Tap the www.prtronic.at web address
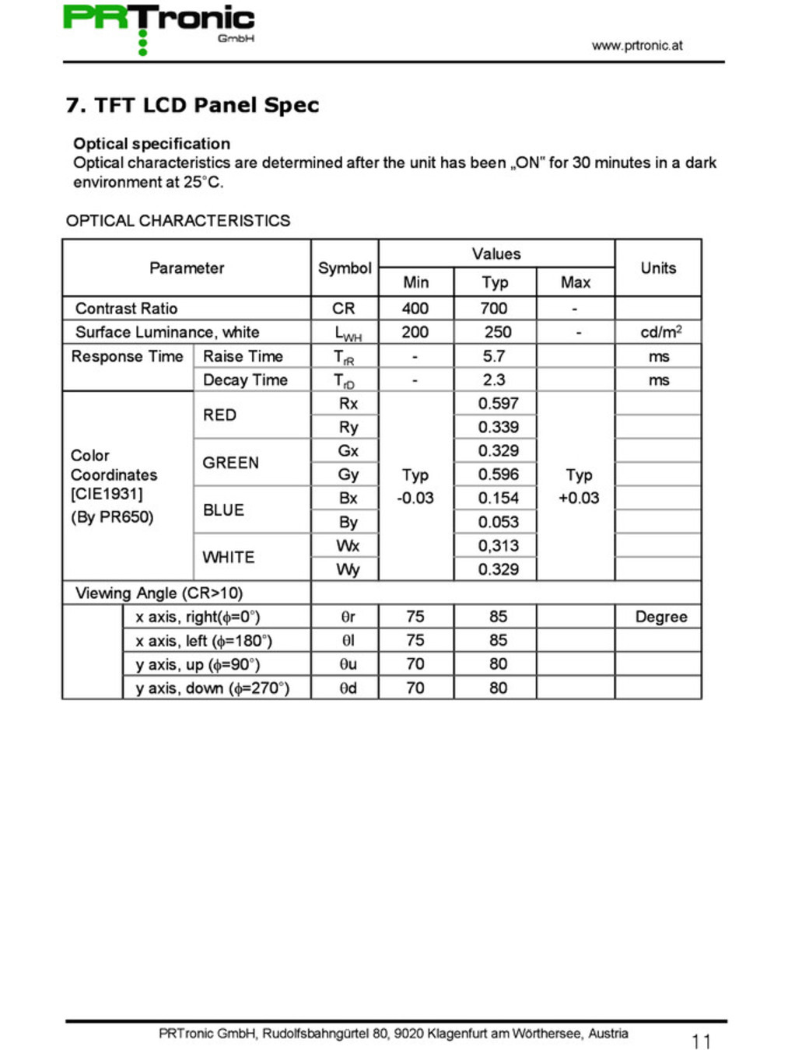[636, 45]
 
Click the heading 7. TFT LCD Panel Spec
[192, 105]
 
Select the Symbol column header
[344, 268]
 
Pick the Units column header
[657, 268]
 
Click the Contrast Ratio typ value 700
[494, 308]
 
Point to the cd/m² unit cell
[660, 332]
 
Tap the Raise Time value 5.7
[494, 356]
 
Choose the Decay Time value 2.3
[494, 380]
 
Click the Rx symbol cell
[348, 403]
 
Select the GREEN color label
[230, 463]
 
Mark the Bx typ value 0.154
[498, 498]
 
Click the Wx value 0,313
[498, 545]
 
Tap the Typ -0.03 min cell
[415, 486]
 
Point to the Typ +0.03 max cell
[579, 486]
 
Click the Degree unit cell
[660, 617]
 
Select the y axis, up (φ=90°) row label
[198, 664]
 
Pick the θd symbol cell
[348, 688]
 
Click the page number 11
[701, 1041]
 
